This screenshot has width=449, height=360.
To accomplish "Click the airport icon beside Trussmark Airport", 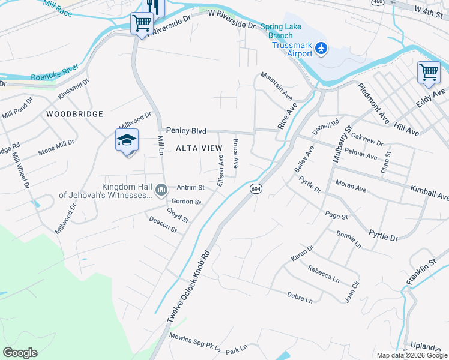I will tap(321, 47).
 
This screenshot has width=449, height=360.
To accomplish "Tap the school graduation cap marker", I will tap(127, 140).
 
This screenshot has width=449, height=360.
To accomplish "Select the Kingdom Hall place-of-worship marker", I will tap(161, 191).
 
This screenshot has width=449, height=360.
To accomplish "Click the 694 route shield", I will tap(256, 188).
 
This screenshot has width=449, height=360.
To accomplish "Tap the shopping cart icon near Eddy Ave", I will tap(429, 72).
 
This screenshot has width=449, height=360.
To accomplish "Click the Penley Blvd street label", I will tap(186, 130).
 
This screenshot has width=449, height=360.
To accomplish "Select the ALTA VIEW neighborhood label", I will tap(194, 148).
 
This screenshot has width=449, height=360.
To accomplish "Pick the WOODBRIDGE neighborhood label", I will tap(75, 114).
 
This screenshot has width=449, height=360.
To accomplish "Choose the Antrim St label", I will tap(190, 188).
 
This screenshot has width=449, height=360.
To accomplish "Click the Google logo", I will tap(20, 353).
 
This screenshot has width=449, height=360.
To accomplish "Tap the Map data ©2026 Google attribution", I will tap(411, 355).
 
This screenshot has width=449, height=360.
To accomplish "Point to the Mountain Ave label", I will tap(276, 86).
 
